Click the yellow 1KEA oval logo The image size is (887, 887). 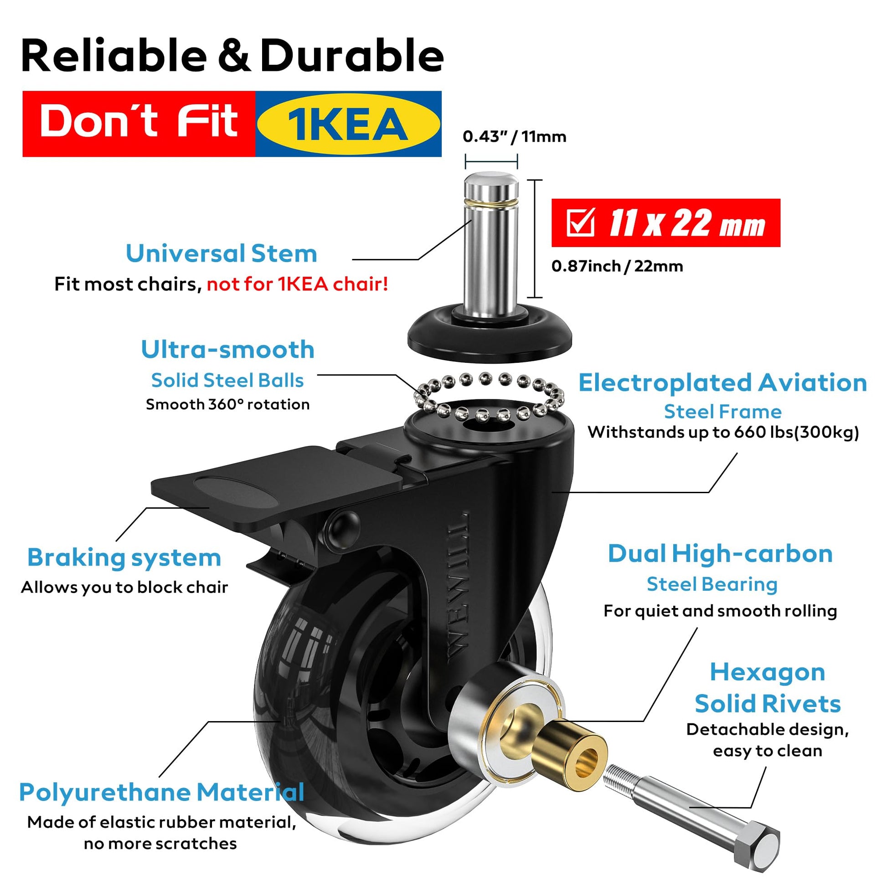coord(348,124)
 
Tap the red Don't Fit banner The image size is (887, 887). coord(139,124)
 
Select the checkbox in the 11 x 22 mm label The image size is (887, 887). coord(581,223)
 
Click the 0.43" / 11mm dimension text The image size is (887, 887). coord(514,136)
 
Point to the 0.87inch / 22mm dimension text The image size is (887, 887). coord(617,266)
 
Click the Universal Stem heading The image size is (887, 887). coord(221,253)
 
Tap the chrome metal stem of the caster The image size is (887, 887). coord(491,243)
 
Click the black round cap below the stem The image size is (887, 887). coord(490,336)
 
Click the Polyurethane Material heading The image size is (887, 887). coord(162,793)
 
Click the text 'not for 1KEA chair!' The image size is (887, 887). coord(298,284)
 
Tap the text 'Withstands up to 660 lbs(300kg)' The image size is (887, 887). coord(723,433)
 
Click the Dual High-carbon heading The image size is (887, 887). coord(720,554)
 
